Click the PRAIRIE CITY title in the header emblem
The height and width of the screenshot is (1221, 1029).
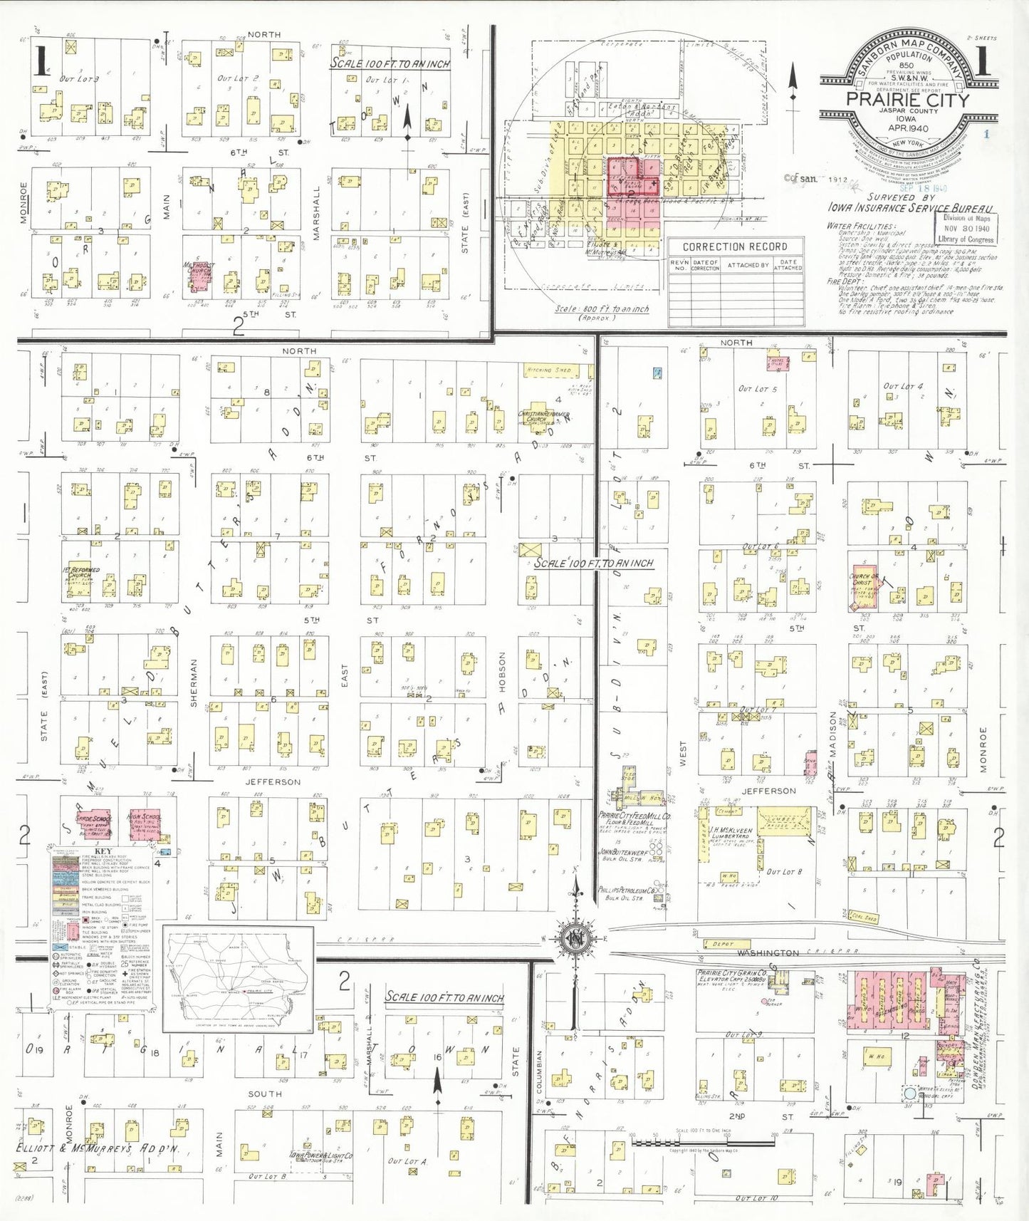point(907,100)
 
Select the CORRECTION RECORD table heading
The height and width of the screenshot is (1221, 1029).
point(735,246)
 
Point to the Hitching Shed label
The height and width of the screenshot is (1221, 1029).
point(549,370)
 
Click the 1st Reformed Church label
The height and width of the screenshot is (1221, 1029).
point(82,573)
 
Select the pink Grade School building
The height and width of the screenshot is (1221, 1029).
point(94,823)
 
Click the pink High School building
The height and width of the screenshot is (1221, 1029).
point(146,822)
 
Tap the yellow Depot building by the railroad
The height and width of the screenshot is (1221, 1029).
point(722,944)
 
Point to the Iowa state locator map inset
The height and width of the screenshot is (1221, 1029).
point(239,977)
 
